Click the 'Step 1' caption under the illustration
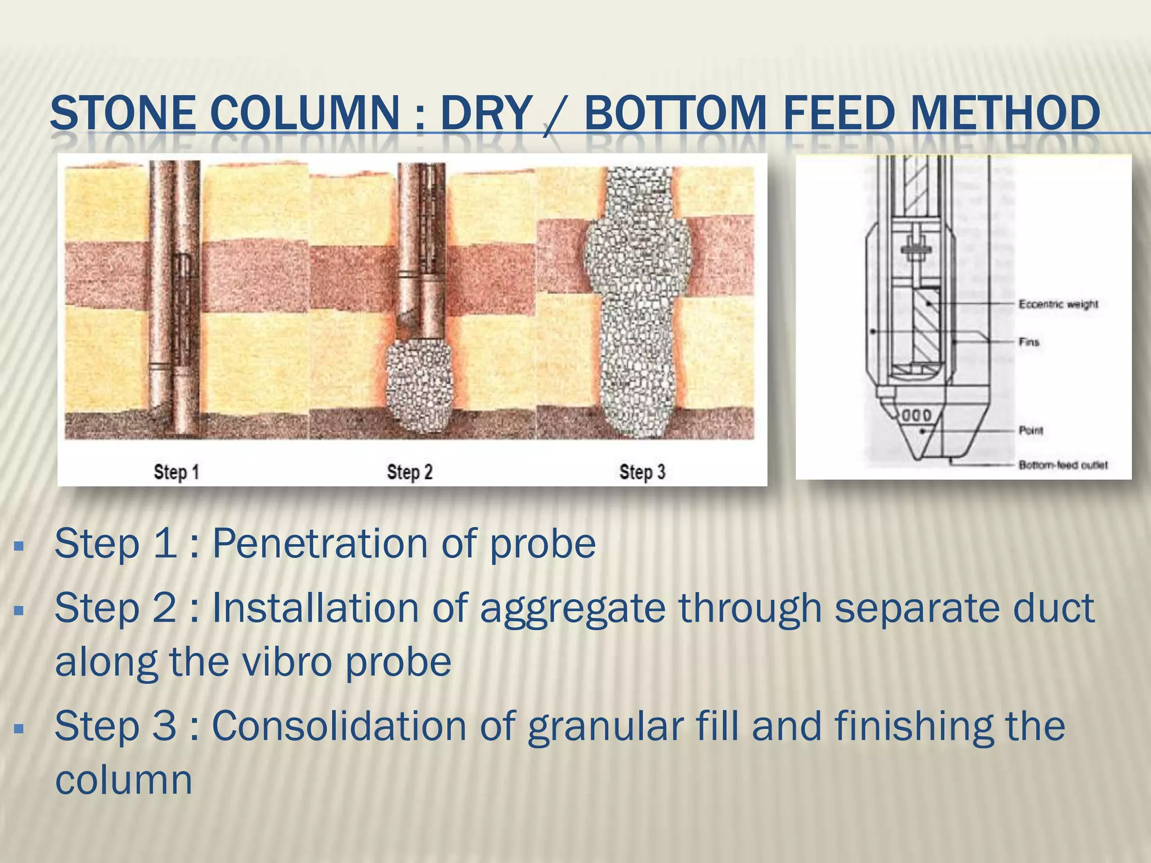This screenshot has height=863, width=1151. tap(176, 472)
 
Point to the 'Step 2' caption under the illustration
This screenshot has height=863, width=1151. tap(410, 472)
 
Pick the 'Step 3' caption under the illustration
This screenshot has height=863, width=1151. tap(642, 472)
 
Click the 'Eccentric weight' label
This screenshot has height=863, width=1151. tap(1058, 304)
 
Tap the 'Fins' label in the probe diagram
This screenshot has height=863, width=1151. tap(1029, 342)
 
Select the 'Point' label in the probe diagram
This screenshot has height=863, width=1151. tap(1031, 430)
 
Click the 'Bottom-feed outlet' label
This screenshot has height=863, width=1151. tap(1063, 465)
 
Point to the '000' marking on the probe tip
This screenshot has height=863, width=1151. tap(917, 416)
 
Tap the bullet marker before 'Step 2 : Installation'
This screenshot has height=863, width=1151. tap(19, 609)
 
